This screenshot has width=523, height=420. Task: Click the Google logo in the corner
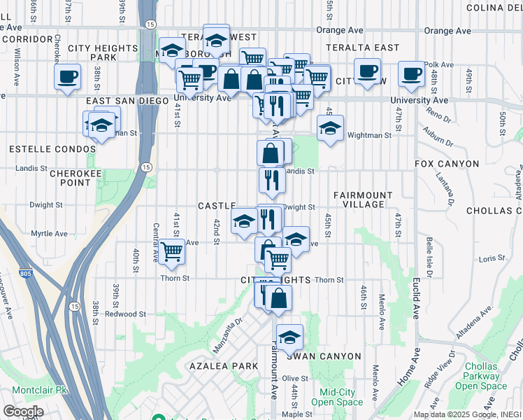[22, 411]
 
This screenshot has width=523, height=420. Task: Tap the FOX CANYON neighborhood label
[447, 164]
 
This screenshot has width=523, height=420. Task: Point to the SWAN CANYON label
[324, 356]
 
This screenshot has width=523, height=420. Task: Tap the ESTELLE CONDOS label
[52, 149]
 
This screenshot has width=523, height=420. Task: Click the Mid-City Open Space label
[337, 397]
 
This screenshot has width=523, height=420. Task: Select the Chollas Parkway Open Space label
[480, 376]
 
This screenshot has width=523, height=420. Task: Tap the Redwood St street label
[125, 314]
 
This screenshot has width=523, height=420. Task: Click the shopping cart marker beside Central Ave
[171, 251]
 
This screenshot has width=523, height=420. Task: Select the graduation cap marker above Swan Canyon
[289, 337]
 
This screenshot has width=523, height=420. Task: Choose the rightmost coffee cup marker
[411, 73]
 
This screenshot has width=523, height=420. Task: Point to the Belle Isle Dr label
[429, 254]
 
